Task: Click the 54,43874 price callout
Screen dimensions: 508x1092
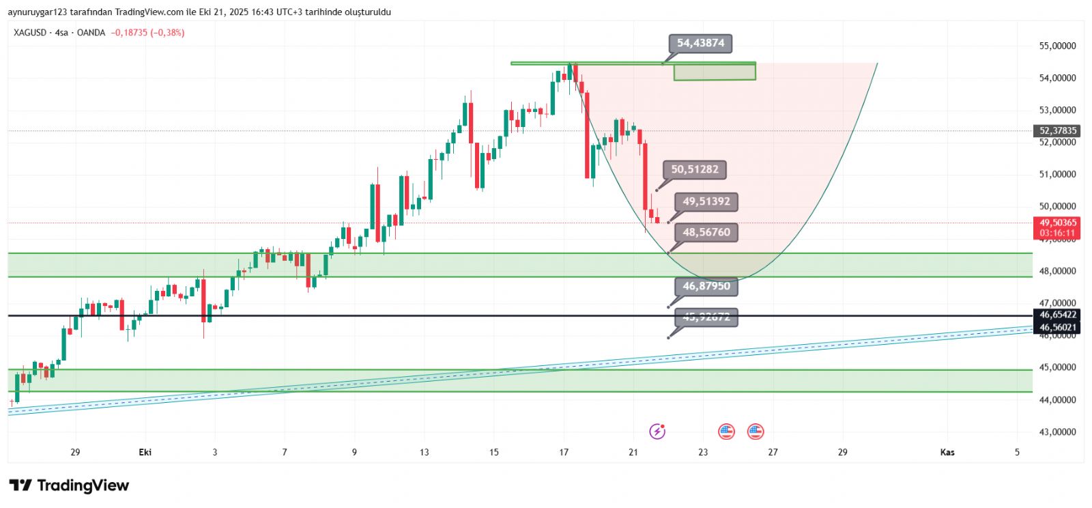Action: click(x=700, y=43)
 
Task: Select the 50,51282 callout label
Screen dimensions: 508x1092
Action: click(x=695, y=169)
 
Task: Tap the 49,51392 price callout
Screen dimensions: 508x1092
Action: click(x=706, y=201)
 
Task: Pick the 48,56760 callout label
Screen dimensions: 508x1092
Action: click(x=706, y=232)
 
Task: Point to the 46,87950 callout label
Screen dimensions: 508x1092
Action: click(x=706, y=286)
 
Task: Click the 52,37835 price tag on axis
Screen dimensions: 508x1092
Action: click(x=1057, y=130)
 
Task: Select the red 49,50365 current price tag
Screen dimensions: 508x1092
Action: click(x=1057, y=227)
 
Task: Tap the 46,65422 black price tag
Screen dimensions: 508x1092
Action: click(x=1057, y=315)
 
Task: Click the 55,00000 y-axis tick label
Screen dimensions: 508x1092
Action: click(x=1057, y=46)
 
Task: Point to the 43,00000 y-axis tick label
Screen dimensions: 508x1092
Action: click(x=1057, y=432)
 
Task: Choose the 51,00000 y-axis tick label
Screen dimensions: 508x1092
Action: click(x=1057, y=174)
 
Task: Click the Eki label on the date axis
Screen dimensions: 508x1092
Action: click(x=145, y=452)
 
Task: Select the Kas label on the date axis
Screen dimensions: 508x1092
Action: click(x=947, y=452)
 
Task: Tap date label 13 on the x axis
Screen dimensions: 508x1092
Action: click(x=425, y=452)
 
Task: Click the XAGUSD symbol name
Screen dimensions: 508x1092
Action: click(x=30, y=33)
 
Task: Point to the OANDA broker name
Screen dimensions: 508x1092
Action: click(x=91, y=33)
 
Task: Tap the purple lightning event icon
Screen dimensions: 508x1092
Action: click(x=657, y=431)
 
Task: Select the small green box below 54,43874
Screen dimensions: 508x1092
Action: click(x=715, y=72)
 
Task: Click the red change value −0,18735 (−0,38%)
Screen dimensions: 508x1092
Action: click(x=147, y=33)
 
